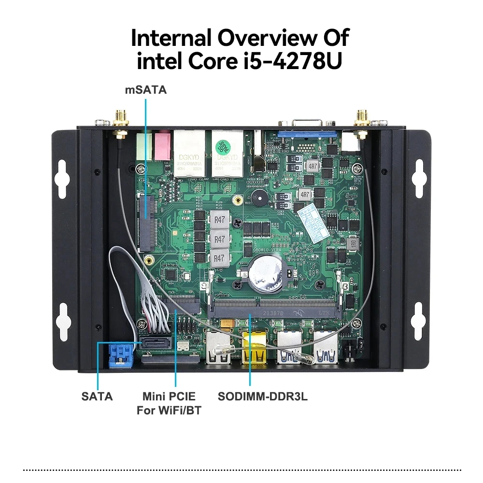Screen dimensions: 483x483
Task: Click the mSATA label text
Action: (x=146, y=89)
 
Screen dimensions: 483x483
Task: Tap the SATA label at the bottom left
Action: (x=97, y=397)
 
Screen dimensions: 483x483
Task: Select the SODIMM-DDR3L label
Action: (x=263, y=397)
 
